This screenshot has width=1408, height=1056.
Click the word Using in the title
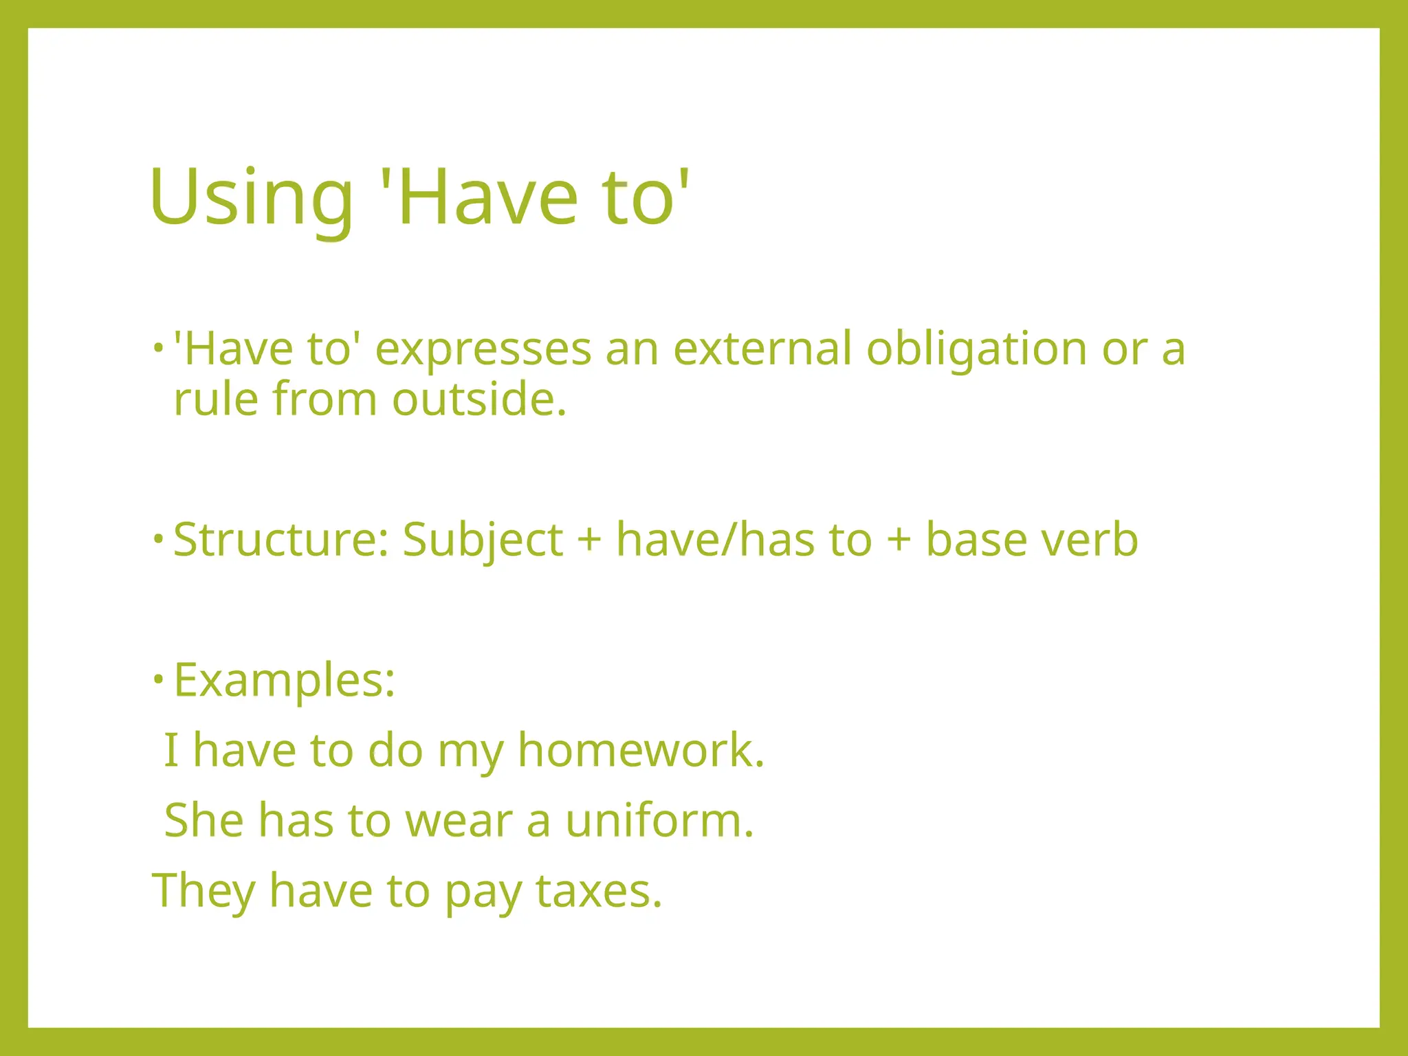click(x=251, y=198)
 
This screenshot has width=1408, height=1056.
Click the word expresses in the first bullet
click(x=483, y=349)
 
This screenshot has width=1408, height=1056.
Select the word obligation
click(x=976, y=349)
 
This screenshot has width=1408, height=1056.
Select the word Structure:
click(x=281, y=539)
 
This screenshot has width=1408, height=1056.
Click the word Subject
click(x=483, y=540)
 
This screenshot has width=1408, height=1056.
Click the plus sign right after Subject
click(x=589, y=540)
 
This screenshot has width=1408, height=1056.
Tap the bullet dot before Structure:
click(x=158, y=538)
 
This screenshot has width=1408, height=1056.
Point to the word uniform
click(x=659, y=821)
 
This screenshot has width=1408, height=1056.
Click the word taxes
click(x=598, y=891)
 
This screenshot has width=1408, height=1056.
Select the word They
click(x=203, y=891)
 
